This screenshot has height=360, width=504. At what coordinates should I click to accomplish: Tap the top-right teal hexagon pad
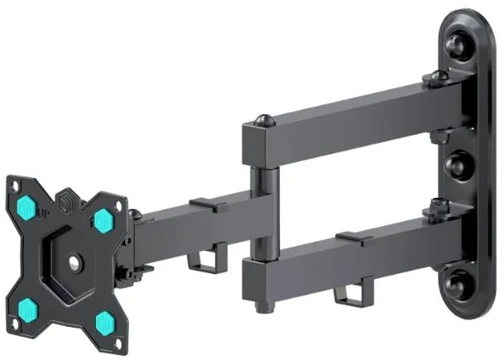(x=103, y=221)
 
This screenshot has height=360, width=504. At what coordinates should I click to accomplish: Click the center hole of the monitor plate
(x=74, y=264)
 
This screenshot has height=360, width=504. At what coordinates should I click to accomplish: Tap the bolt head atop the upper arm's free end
(x=263, y=121)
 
